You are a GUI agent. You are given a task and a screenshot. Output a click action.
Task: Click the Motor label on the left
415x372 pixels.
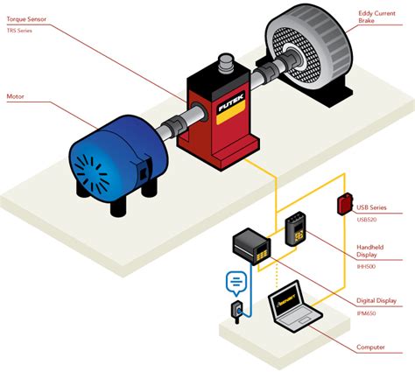(17, 96)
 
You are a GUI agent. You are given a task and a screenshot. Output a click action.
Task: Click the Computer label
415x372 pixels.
(371, 347)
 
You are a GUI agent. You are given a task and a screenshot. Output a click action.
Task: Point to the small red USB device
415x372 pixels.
(345, 204)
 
